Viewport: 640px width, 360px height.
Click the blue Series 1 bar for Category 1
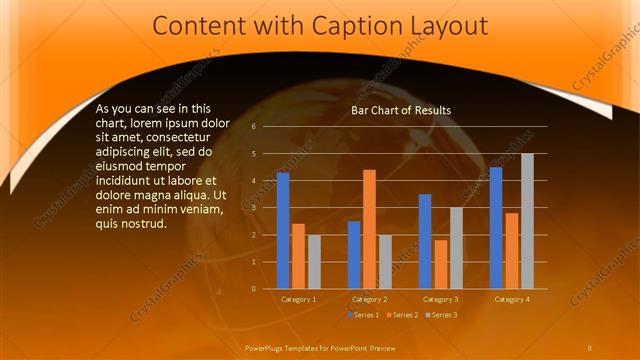[x=283, y=230]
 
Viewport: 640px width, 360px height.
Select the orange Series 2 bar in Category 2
[x=369, y=229]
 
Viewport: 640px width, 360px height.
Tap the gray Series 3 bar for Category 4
[x=527, y=221]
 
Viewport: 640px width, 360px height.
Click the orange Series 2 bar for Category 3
[x=441, y=264]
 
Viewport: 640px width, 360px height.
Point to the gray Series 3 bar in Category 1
[x=314, y=261]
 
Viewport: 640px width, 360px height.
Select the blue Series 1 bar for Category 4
[x=496, y=227]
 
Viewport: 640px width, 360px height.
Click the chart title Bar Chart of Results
[x=400, y=110]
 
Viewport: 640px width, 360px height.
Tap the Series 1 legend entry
[x=363, y=315]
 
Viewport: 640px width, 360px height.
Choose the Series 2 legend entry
[x=401, y=315]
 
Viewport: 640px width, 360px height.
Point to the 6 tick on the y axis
[x=254, y=127]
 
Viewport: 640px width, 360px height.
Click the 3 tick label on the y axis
[x=254, y=208]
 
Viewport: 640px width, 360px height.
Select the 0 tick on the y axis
[x=254, y=289]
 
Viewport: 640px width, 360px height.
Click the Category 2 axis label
[x=369, y=299]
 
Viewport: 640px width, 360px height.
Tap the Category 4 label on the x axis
[x=511, y=299]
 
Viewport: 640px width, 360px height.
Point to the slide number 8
[x=589, y=347]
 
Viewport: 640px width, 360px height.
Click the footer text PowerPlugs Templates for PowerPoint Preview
[x=320, y=347]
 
